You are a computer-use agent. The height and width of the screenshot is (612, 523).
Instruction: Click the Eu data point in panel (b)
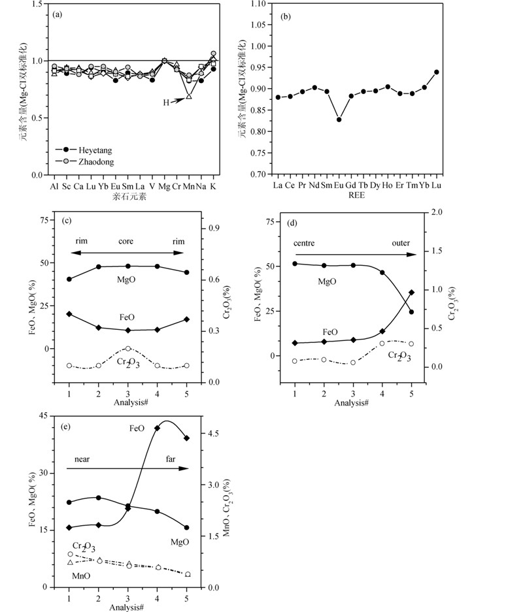(x=339, y=120)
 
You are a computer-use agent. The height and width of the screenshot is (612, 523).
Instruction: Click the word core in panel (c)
(x=126, y=241)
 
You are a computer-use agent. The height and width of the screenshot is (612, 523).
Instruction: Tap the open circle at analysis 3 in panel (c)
(x=128, y=349)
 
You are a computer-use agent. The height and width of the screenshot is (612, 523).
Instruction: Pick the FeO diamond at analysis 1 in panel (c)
(x=69, y=314)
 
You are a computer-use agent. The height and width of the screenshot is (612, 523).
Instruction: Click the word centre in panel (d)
(x=305, y=243)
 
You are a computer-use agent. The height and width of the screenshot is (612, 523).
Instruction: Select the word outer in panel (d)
(x=401, y=243)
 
